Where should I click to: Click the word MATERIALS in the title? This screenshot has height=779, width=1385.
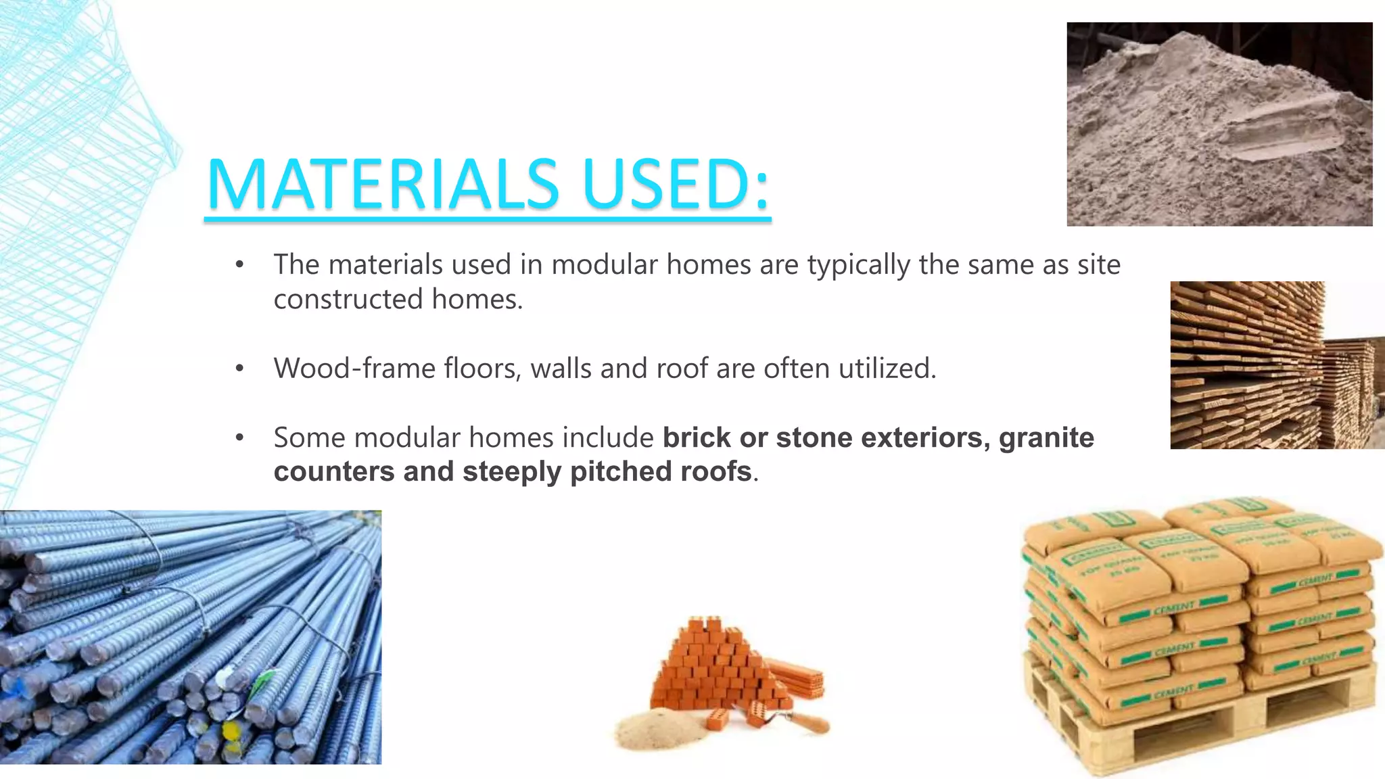click(383, 184)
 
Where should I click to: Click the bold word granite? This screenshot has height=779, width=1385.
click(1046, 438)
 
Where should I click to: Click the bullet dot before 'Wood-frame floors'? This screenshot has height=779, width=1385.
click(239, 369)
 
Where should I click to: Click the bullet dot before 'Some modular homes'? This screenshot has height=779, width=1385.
click(239, 438)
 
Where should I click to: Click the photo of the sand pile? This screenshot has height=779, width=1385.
click(1219, 124)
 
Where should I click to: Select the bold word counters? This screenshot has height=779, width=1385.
click(334, 471)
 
